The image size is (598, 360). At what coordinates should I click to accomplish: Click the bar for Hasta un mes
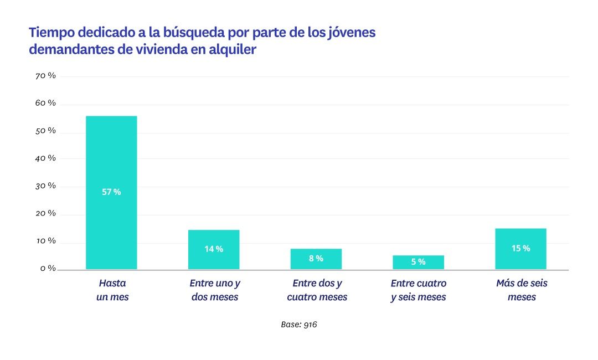coord(111,166)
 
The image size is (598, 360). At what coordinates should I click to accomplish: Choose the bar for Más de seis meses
coord(520,238)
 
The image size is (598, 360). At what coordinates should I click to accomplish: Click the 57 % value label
coord(111,192)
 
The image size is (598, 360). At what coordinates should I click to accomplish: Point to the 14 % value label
coord(214,249)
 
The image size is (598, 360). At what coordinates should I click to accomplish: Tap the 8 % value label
coord(316,259)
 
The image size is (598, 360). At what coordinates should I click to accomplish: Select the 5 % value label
coord(418,262)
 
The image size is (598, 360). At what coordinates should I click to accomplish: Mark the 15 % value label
coord(520,249)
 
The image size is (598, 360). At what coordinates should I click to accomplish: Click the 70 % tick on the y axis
coord(45,76)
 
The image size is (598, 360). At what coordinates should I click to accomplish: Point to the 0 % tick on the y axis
coord(48,269)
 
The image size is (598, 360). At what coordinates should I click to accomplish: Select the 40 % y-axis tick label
coord(45,158)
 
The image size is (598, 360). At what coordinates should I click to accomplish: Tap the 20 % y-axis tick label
coord(45,213)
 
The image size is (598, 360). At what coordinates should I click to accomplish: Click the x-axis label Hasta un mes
coord(112,290)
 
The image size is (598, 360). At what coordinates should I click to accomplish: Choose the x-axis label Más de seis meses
coord(522,290)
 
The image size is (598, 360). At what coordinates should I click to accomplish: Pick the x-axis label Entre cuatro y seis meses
coord(418,290)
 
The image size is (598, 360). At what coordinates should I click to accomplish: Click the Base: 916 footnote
coord(299,325)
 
